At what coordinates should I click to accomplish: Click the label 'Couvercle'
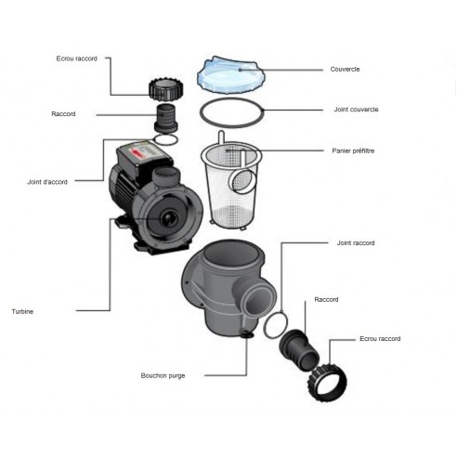click(345, 69)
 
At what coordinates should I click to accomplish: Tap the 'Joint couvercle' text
click(356, 110)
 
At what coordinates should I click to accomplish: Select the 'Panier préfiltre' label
click(353, 150)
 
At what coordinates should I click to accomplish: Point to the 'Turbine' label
click(22, 311)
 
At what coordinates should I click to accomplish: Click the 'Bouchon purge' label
click(163, 375)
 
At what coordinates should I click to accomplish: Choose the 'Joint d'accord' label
click(47, 182)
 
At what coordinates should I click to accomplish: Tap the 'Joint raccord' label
click(356, 243)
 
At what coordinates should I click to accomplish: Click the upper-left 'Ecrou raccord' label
click(77, 59)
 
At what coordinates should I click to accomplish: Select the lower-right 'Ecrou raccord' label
click(380, 339)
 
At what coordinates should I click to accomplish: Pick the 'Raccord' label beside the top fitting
click(63, 114)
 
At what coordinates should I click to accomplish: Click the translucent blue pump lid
click(231, 75)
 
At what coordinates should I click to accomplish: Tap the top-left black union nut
click(165, 89)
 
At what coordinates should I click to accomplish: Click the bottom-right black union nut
click(327, 382)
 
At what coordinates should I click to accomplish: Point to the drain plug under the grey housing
click(247, 334)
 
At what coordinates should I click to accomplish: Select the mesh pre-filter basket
click(231, 183)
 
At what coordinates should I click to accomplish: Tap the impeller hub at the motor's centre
click(169, 218)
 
